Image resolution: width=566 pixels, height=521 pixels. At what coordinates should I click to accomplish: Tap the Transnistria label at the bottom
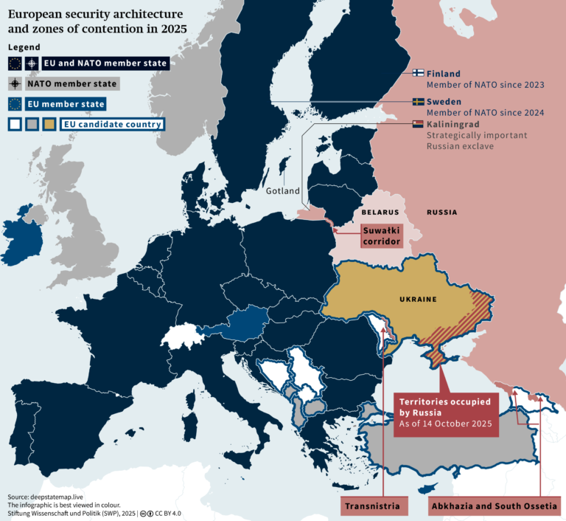374,506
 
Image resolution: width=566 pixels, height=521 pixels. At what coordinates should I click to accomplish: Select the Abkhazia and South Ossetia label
493,506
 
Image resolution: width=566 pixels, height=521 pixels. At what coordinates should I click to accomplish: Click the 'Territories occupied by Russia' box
446,414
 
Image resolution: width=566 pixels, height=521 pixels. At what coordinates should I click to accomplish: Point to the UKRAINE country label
418,299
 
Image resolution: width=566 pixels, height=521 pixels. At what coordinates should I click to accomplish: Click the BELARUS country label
380,213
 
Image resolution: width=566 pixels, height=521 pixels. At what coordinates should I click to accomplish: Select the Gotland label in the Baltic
283,191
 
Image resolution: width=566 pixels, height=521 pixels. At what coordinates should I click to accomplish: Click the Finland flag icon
417,74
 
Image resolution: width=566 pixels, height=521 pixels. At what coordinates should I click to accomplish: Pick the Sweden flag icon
417,102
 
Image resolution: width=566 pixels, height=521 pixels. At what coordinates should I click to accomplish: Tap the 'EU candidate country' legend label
112,125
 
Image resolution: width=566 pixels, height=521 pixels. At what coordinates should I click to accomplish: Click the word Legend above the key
24,47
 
